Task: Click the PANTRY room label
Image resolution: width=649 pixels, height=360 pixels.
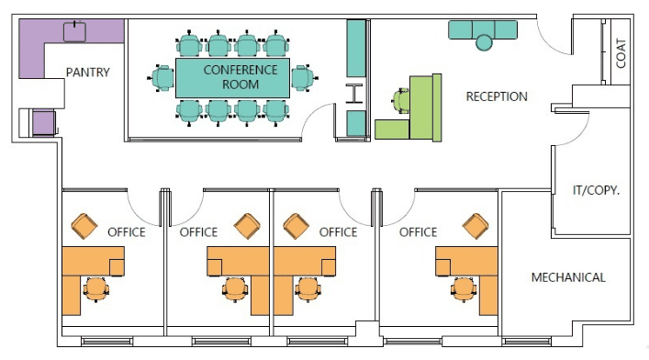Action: [x=88, y=73]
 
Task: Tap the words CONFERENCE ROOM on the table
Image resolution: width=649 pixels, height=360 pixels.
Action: [x=241, y=77]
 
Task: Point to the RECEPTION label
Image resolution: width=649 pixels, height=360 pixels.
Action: [x=497, y=96]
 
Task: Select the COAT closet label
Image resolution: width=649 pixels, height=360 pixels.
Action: [x=621, y=53]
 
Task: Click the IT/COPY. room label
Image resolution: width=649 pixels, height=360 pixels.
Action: [x=596, y=190]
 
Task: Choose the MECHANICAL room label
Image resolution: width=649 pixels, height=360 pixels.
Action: [x=568, y=277]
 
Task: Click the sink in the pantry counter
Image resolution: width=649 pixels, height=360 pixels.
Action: [x=74, y=32]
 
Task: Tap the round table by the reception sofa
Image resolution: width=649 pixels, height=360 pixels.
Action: [x=484, y=42]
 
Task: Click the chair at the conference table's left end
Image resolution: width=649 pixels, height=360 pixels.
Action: [x=162, y=78]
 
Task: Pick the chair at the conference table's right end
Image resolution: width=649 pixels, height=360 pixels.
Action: [x=304, y=78]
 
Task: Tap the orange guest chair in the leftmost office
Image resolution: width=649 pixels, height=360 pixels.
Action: [x=84, y=226]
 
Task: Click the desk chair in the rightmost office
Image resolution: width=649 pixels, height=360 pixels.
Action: [x=464, y=289]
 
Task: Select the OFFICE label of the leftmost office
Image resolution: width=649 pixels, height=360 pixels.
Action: [x=127, y=232]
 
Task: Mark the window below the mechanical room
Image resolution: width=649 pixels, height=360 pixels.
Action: [x=527, y=342]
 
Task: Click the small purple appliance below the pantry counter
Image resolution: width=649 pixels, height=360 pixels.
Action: [x=43, y=123]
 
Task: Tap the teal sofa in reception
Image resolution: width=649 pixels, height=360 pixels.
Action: [x=483, y=29]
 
